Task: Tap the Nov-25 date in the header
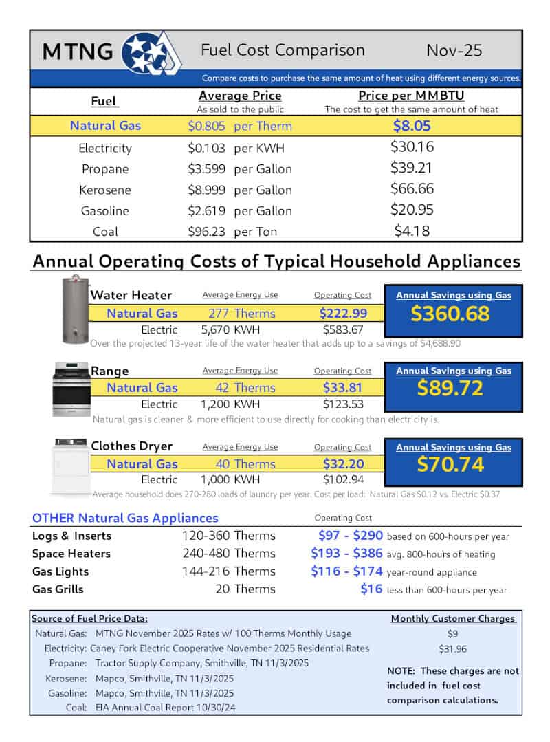[x=454, y=50]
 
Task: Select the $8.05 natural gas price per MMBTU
[x=412, y=125]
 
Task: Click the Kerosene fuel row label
[x=104, y=190]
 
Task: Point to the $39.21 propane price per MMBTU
[x=412, y=168]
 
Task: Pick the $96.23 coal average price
[x=207, y=232]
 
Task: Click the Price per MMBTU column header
[x=412, y=96]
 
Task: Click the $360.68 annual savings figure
[x=450, y=314]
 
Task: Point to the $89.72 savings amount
[x=450, y=388]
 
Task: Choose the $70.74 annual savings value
[x=450, y=464]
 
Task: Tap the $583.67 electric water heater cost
[x=343, y=329]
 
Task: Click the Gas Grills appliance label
[x=58, y=589]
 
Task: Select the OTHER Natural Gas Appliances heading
[x=125, y=518]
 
